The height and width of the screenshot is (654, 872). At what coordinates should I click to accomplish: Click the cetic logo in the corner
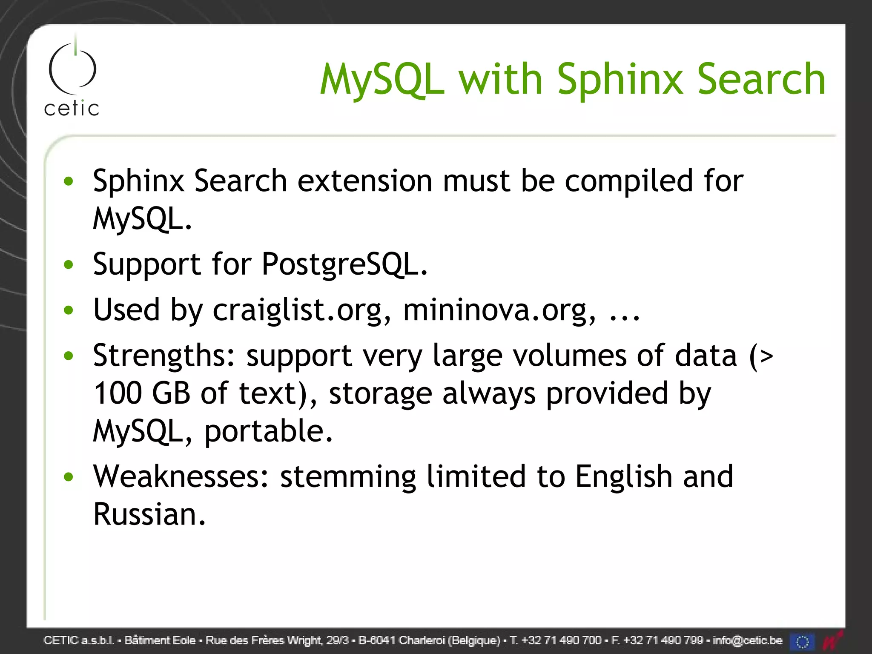[72, 79]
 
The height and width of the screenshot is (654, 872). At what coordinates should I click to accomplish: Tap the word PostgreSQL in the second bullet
[344, 264]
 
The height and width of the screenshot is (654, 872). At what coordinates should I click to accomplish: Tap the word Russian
[149, 514]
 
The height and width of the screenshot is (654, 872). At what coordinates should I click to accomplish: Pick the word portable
[268, 431]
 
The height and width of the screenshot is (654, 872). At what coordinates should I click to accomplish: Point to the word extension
[364, 181]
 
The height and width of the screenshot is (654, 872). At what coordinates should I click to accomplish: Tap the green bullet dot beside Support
[68, 265]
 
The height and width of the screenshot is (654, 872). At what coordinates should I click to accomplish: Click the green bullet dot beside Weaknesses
[68, 477]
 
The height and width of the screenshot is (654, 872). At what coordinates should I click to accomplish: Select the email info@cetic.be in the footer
[747, 640]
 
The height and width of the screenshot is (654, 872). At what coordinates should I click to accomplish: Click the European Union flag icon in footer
[802, 641]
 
